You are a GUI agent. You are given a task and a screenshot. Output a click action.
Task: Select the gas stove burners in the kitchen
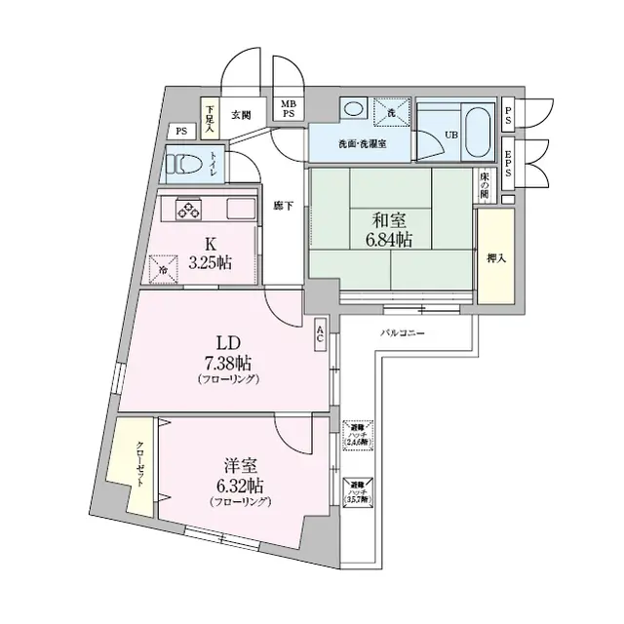(x=188, y=209)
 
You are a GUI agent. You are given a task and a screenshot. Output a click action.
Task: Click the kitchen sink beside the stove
(x=241, y=209)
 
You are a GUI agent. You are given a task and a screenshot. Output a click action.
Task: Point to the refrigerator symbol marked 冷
(x=164, y=264)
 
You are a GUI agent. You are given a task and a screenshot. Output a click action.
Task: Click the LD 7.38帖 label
(x=227, y=356)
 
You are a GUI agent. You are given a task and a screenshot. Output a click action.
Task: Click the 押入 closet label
(x=496, y=258)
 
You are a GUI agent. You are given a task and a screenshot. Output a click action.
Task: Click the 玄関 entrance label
(x=241, y=114)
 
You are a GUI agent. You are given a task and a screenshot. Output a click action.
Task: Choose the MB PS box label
(x=289, y=109)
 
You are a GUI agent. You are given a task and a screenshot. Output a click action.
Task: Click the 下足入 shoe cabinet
(x=210, y=117)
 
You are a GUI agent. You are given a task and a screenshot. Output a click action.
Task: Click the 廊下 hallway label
(x=283, y=207)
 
